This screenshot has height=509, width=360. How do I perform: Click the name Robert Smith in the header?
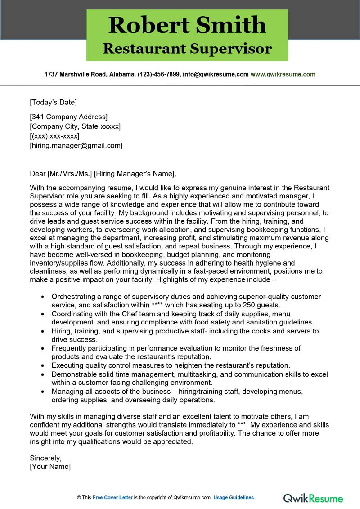[187, 25]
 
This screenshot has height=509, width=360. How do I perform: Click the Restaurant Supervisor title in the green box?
[187, 48]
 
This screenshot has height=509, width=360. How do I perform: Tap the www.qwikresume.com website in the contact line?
[283, 74]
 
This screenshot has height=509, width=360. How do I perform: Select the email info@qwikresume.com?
[215, 74]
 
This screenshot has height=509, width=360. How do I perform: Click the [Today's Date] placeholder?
[53, 102]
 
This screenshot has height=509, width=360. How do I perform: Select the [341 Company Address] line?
[68, 117]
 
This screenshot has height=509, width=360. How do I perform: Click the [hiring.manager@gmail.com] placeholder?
[76, 145]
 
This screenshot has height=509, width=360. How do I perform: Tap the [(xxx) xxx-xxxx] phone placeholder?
[54, 136]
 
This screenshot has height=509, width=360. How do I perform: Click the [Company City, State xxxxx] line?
[75, 126]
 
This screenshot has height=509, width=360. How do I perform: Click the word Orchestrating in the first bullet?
[73, 297]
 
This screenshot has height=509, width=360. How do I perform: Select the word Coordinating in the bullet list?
[72, 314]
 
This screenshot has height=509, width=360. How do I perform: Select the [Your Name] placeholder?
[50, 467]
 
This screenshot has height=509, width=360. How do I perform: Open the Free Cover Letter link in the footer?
[112, 497]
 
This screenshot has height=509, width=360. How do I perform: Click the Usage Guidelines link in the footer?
[234, 497]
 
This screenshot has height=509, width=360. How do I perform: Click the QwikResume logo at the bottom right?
[313, 498]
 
